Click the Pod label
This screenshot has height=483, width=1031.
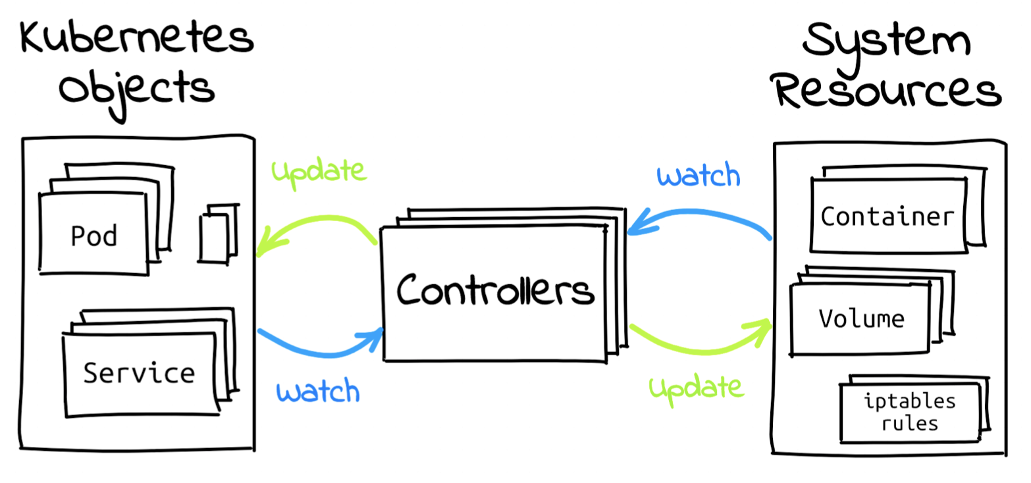pos(94,235)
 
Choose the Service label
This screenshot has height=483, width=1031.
pos(139,373)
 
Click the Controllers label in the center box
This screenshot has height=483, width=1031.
pos(495,290)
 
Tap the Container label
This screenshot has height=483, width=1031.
pos(887,216)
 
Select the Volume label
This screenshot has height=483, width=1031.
pos(861,319)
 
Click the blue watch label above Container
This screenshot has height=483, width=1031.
pos(699,176)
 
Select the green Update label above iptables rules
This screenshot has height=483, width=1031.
pos(697,388)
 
